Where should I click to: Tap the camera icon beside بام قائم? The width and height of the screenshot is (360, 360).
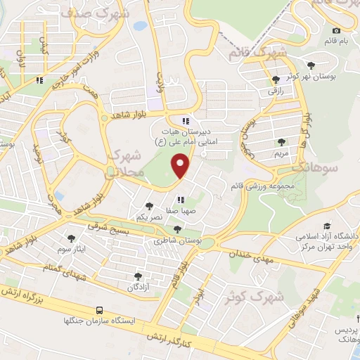(336, 30)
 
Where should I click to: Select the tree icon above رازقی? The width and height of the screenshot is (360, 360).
(275, 80)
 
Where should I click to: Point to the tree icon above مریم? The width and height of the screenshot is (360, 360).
(281, 142)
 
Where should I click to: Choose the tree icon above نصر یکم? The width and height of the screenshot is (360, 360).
(149, 205)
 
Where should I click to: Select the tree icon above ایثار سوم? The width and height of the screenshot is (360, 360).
(71, 238)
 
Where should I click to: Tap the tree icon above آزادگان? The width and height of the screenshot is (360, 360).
(137, 276)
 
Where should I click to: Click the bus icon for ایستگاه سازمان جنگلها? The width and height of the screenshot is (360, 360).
(100, 310)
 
